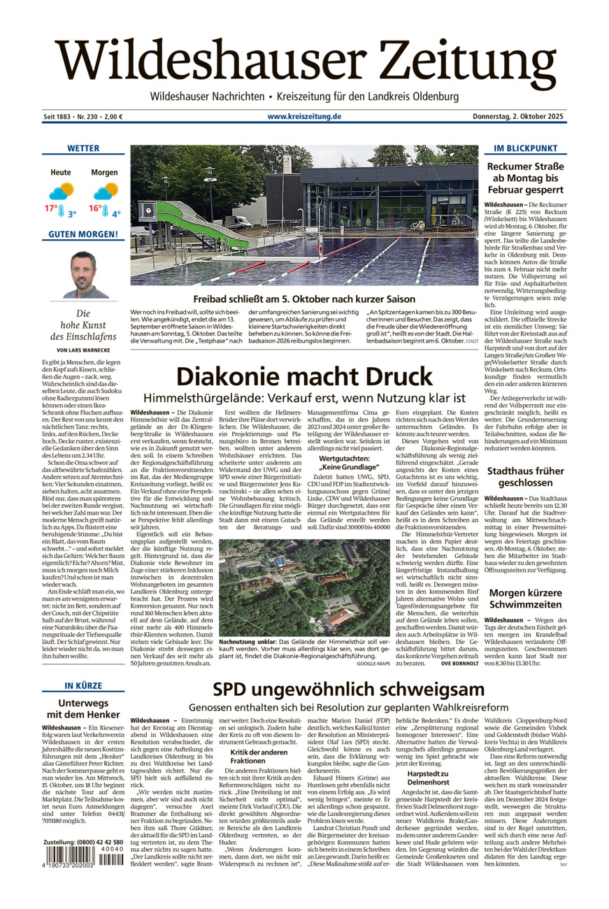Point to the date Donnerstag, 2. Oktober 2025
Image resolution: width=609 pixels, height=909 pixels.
pos(519,117)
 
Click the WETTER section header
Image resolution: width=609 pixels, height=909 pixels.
pos(83,148)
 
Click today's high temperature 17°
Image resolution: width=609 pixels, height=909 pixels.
pos(52,209)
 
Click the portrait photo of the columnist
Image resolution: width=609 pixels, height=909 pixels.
pos(83,274)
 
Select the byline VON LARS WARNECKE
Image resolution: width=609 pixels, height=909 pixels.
pos(83,350)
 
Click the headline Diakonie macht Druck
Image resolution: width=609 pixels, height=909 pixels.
pos(304,377)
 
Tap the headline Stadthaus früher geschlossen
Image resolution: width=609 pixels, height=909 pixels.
pos(525,478)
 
